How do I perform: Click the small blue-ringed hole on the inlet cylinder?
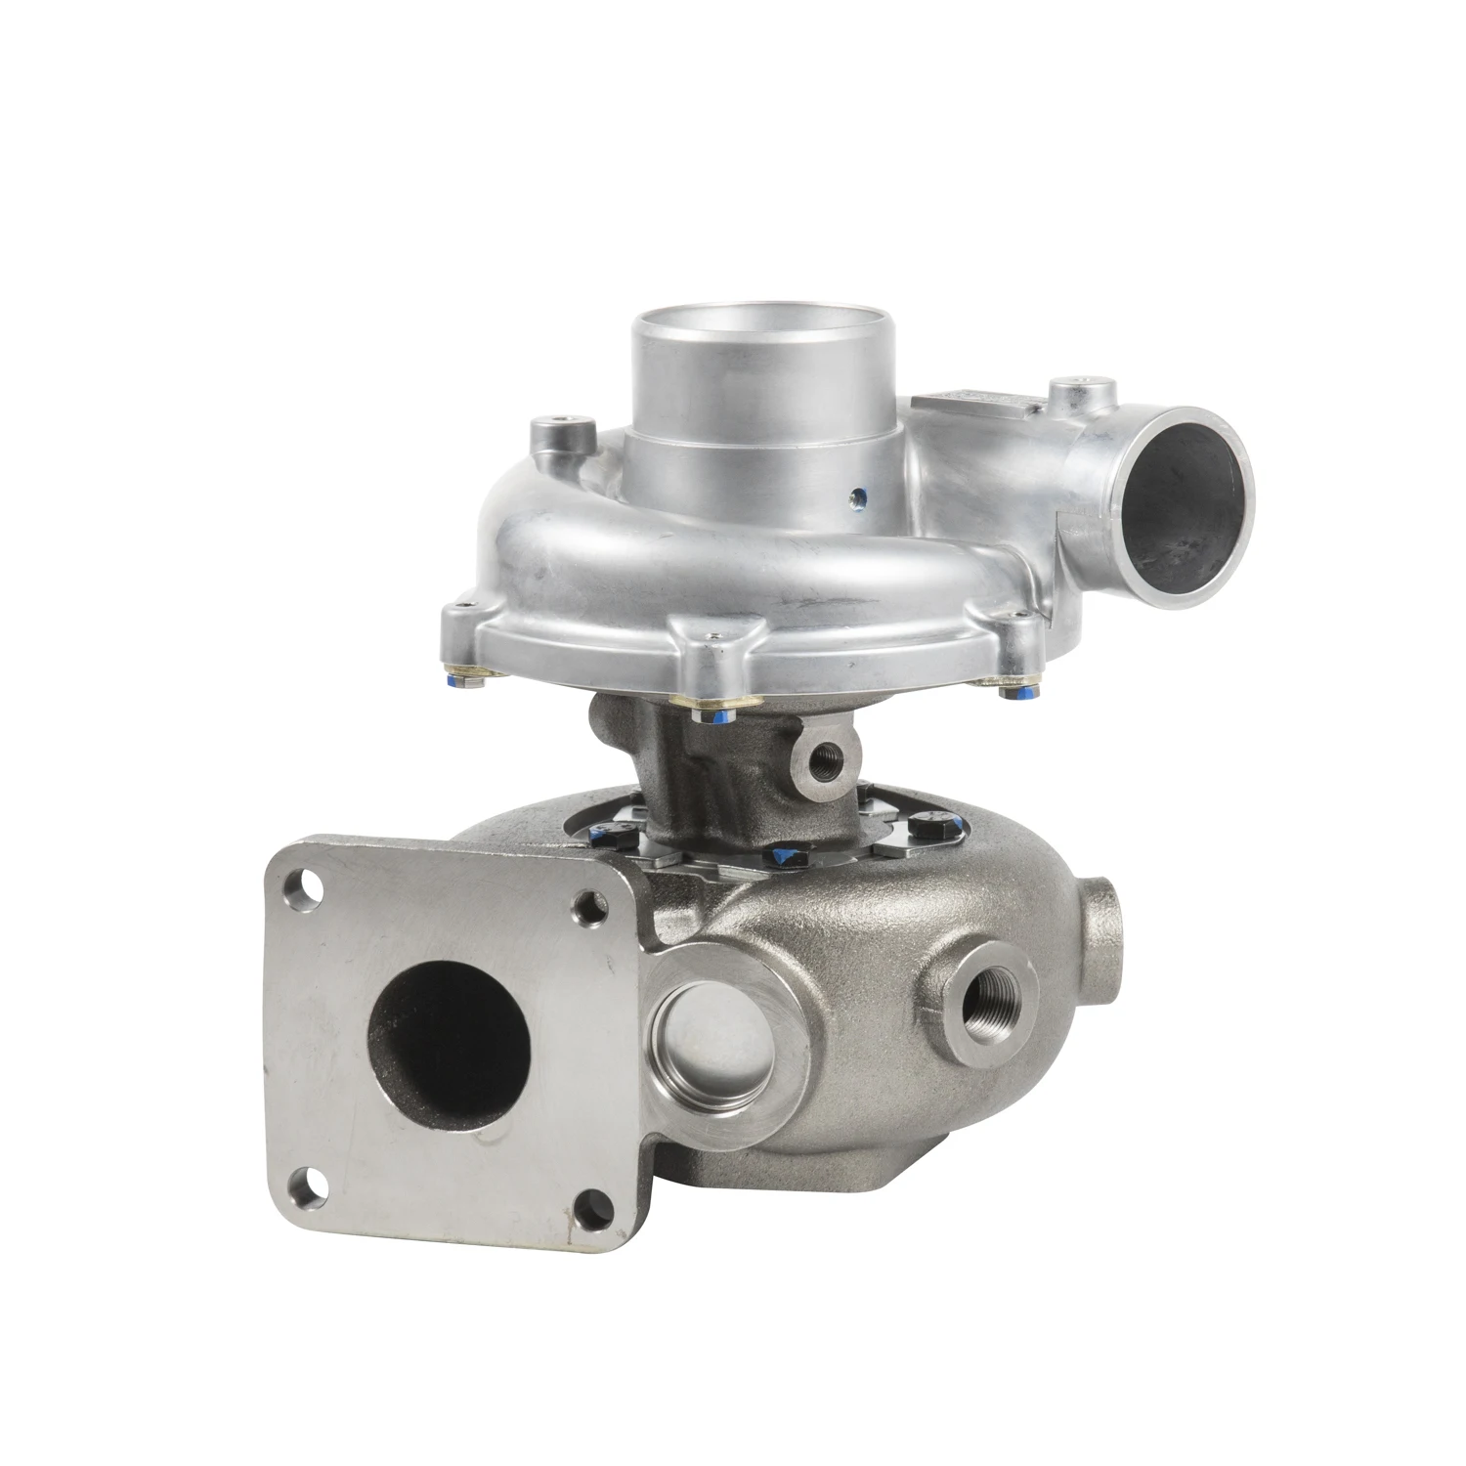(x=858, y=496)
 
